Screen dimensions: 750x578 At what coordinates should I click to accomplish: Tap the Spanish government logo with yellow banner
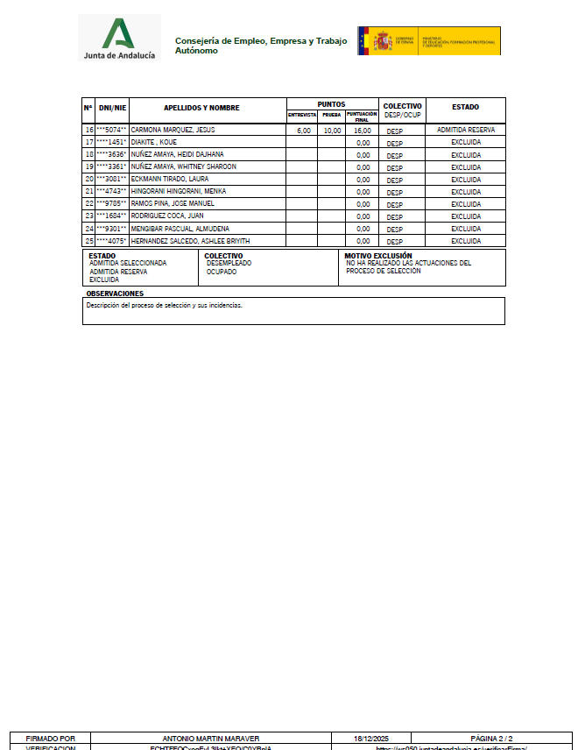(428, 41)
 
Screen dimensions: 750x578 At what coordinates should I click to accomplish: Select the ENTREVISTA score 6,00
(303, 131)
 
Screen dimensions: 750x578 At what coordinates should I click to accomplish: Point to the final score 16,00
(363, 131)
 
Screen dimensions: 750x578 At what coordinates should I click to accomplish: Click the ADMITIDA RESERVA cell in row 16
(465, 130)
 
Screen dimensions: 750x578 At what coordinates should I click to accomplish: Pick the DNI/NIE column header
(112, 108)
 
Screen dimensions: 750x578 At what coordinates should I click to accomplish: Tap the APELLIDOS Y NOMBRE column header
(201, 108)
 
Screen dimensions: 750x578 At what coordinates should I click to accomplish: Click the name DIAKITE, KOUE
(154, 142)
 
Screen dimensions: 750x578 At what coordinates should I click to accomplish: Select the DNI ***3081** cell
(111, 179)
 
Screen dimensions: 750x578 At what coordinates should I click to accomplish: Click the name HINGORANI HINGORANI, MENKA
(179, 191)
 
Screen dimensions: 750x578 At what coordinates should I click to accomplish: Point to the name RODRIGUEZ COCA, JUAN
(166, 216)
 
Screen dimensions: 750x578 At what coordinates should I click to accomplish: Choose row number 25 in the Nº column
(88, 241)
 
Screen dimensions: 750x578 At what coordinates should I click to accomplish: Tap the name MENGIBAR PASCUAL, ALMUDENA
(180, 228)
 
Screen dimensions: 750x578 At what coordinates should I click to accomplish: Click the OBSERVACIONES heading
(115, 294)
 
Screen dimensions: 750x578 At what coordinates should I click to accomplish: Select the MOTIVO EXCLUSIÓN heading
(378, 256)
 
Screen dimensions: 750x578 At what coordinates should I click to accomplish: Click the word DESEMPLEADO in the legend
(229, 263)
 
